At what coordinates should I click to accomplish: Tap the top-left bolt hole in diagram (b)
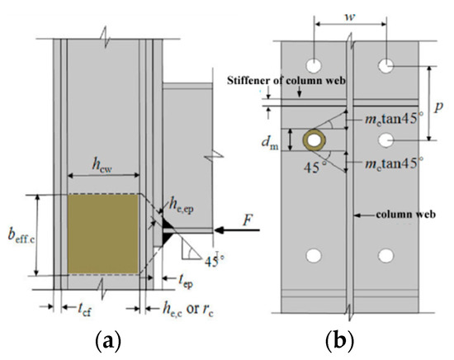point(314,64)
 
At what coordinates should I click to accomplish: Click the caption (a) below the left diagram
point(116,341)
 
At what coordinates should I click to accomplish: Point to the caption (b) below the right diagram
point(351,341)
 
